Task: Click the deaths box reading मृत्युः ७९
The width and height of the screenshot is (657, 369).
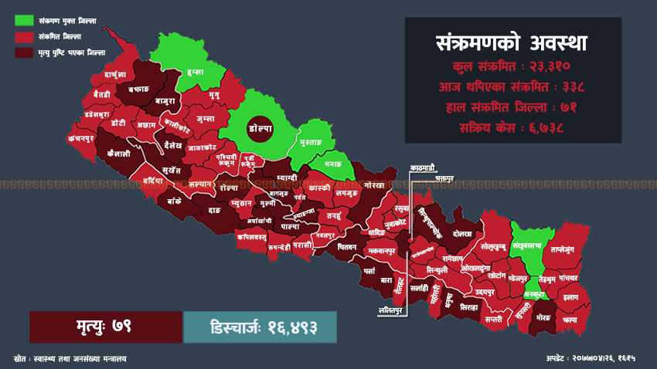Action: coord(106,327)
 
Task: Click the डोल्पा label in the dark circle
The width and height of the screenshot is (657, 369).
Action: coord(258,127)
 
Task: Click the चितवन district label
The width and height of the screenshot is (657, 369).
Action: coord(346,247)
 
